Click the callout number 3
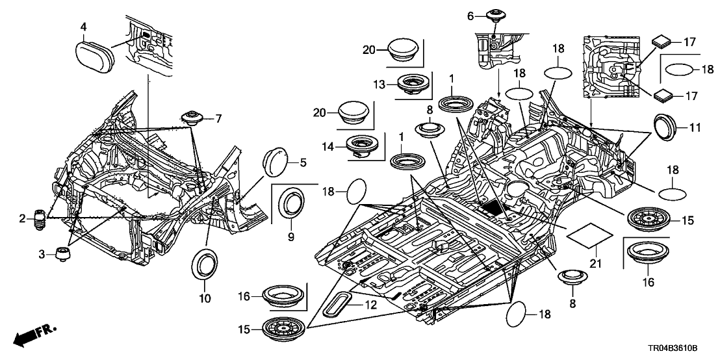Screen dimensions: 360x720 pyautogui.click(x=43, y=255)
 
